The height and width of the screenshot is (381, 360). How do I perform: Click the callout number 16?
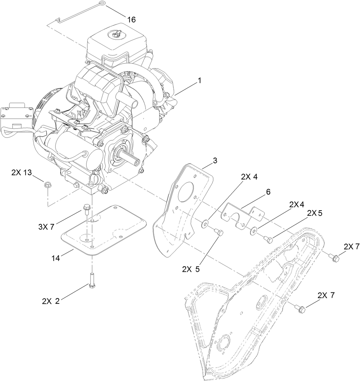(131, 20)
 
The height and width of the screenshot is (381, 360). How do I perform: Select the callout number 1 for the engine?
(199, 81)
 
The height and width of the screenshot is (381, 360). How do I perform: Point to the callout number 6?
(267, 192)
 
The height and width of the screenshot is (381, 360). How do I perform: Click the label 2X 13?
(21, 173)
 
